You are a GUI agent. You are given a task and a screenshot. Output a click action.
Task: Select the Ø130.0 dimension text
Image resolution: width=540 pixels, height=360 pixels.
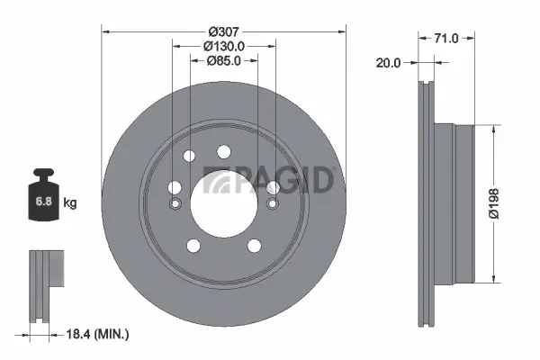tap(224, 45)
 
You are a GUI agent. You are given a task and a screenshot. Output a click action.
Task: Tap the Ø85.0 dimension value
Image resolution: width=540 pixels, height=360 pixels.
tap(224, 62)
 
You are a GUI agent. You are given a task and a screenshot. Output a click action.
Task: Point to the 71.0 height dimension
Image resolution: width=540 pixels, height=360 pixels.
tap(447, 38)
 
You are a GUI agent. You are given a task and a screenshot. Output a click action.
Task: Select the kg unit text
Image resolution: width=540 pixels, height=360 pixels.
tap(70, 202)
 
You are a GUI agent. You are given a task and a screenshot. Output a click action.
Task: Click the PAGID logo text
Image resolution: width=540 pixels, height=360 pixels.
tap(270, 180)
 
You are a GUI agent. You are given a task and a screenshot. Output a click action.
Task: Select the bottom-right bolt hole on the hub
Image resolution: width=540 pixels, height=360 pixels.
tap(255, 244)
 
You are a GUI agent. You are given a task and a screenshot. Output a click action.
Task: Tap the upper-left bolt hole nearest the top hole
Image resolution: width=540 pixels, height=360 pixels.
tap(189, 157)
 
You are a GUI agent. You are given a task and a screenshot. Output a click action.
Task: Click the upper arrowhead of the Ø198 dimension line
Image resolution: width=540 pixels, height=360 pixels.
tap(493, 128)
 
